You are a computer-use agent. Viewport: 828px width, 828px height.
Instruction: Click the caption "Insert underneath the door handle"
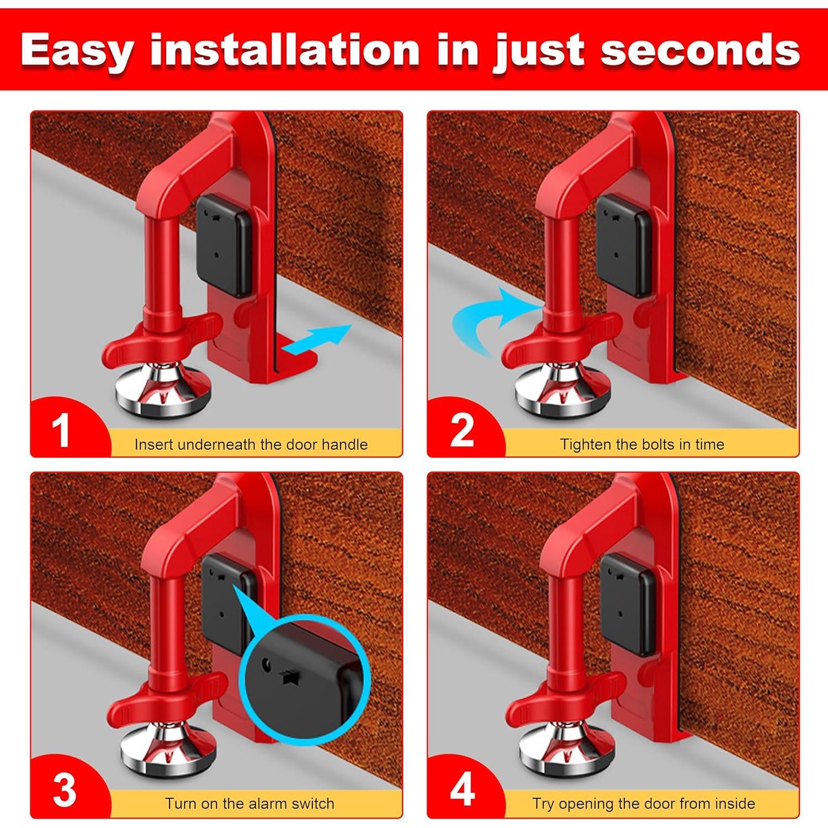(251, 444)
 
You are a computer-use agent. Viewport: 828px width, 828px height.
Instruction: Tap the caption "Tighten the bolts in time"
(642, 444)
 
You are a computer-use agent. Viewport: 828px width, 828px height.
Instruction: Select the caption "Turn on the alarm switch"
(250, 804)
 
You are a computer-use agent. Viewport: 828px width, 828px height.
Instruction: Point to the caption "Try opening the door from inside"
(644, 804)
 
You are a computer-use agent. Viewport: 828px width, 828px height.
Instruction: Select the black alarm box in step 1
(224, 246)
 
